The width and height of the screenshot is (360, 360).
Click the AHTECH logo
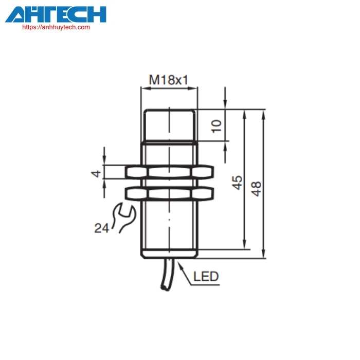(x=56, y=14)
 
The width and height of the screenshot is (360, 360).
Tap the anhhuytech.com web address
(x=56, y=27)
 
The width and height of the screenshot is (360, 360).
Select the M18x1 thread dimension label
(x=169, y=80)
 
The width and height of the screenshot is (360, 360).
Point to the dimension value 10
(x=217, y=126)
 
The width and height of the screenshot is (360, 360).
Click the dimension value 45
(x=237, y=183)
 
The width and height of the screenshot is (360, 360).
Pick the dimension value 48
(x=256, y=189)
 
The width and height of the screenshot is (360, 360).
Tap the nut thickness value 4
(x=96, y=174)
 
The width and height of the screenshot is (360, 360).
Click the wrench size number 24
(x=101, y=228)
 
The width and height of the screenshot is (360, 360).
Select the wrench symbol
(x=124, y=218)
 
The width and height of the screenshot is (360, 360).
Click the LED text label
(x=206, y=277)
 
